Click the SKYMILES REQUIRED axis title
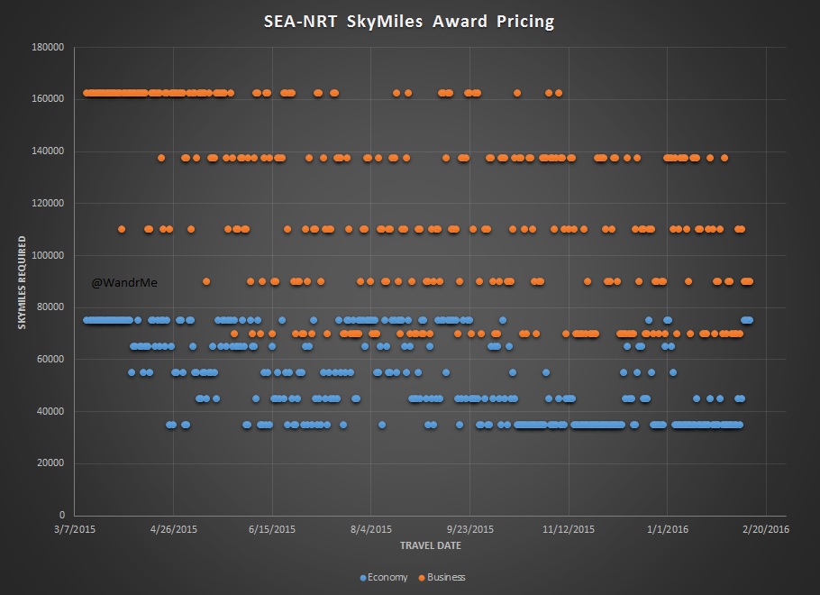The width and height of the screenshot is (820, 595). [x=23, y=282]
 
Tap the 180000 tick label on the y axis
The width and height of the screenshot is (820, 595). [x=50, y=46]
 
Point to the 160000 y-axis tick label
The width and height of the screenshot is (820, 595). [x=50, y=98]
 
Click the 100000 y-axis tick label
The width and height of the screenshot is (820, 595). [x=50, y=255]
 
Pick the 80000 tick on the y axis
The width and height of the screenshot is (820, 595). [x=53, y=307]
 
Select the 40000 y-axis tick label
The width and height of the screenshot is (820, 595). [x=53, y=411]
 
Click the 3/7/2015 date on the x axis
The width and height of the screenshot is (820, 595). [x=76, y=529]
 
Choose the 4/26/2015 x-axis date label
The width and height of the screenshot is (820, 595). [x=174, y=529]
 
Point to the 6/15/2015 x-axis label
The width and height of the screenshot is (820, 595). [x=272, y=529]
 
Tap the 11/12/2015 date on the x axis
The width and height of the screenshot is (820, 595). [x=569, y=529]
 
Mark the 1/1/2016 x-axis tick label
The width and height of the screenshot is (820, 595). [x=667, y=529]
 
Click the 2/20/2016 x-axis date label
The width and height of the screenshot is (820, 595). [x=766, y=529]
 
